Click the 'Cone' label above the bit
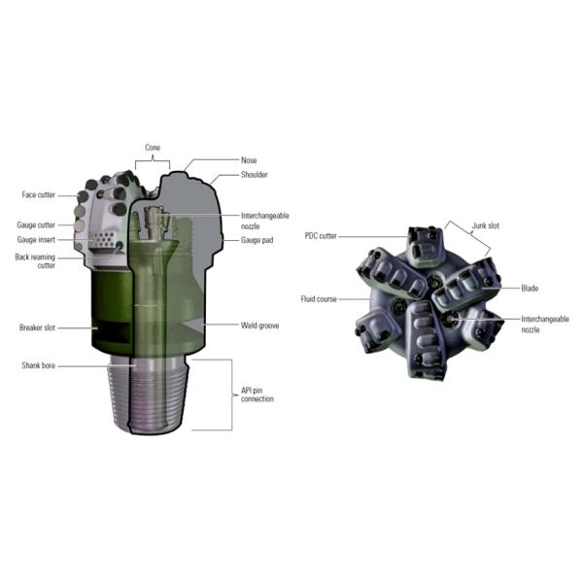point(153,148)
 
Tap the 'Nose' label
point(249,160)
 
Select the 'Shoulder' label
point(255,175)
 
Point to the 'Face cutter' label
point(38,195)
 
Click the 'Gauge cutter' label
point(36,225)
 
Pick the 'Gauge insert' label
point(36,240)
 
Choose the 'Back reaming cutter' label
point(35,261)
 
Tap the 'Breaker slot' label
point(37,327)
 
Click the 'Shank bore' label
point(38,365)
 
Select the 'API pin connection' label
point(257,394)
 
